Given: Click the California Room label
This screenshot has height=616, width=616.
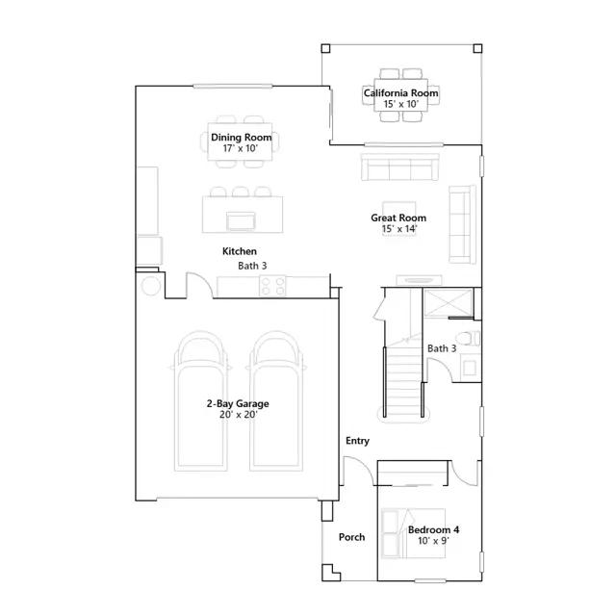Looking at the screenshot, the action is (400, 93).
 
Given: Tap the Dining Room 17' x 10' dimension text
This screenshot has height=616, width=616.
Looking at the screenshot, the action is (241, 148).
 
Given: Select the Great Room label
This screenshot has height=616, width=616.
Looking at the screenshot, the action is (398, 218).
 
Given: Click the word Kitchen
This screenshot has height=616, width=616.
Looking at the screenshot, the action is (240, 251).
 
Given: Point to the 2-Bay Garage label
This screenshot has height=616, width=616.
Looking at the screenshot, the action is (238, 403).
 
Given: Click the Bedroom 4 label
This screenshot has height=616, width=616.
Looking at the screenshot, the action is (433, 529).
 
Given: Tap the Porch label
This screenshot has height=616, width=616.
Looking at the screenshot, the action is (351, 537).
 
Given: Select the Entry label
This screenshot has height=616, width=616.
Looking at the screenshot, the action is (357, 441).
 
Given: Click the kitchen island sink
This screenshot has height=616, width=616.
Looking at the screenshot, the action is (241, 220).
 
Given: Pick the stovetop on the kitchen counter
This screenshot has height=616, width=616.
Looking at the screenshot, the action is (272, 286).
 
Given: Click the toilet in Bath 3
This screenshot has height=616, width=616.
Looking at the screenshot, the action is (468, 338).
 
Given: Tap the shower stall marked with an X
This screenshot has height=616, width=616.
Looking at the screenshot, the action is (449, 303).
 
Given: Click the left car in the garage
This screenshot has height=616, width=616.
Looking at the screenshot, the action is (201, 400).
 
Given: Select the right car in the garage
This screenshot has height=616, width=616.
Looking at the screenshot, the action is (276, 400).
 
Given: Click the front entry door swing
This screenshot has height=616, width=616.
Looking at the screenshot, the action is (358, 469).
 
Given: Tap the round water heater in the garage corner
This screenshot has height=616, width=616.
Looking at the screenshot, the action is (151, 286).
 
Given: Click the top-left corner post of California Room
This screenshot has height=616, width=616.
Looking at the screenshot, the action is (325, 48).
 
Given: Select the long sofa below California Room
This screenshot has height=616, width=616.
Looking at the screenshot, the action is (400, 167).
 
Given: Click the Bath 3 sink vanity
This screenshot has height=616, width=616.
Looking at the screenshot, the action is (471, 368).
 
